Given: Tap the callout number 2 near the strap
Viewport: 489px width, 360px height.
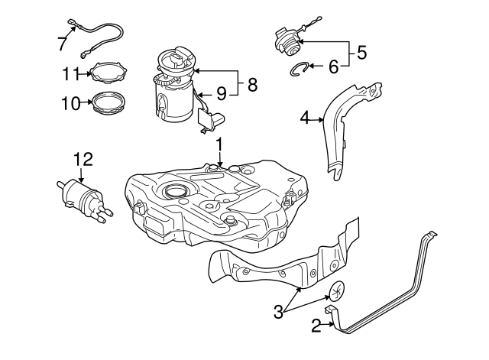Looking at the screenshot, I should pyautogui.click(x=316, y=326).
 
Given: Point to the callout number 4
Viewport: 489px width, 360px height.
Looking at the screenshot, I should pyautogui.click(x=305, y=118).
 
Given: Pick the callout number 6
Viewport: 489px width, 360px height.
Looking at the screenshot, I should pyautogui.click(x=333, y=67).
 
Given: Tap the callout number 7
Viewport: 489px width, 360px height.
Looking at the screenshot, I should pyautogui.click(x=62, y=43).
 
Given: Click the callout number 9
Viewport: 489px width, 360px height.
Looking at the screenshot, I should pyautogui.click(x=220, y=93).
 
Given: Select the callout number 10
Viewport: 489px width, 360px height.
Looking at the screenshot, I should pyautogui.click(x=70, y=102).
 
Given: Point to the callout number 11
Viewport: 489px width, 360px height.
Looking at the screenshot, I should pyautogui.click(x=70, y=73).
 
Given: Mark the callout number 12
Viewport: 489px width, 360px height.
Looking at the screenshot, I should pyautogui.click(x=82, y=159).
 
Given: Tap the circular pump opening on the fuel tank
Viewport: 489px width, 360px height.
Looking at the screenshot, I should pyautogui.click(x=174, y=192).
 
